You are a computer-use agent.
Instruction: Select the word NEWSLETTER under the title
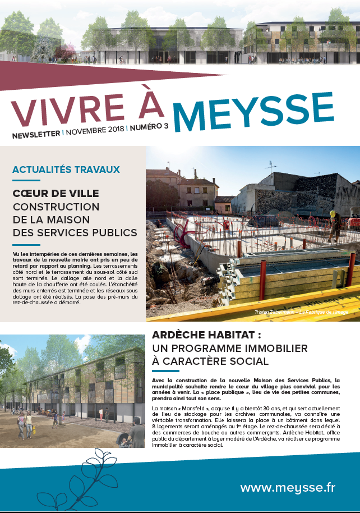[x=36, y=135]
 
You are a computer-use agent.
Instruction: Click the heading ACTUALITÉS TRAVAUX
[x=66, y=170]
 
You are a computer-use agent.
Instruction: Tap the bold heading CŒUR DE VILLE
[x=56, y=194]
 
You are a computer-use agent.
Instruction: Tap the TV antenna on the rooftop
[x=271, y=167]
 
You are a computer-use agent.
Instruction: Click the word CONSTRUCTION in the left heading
[x=56, y=207]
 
